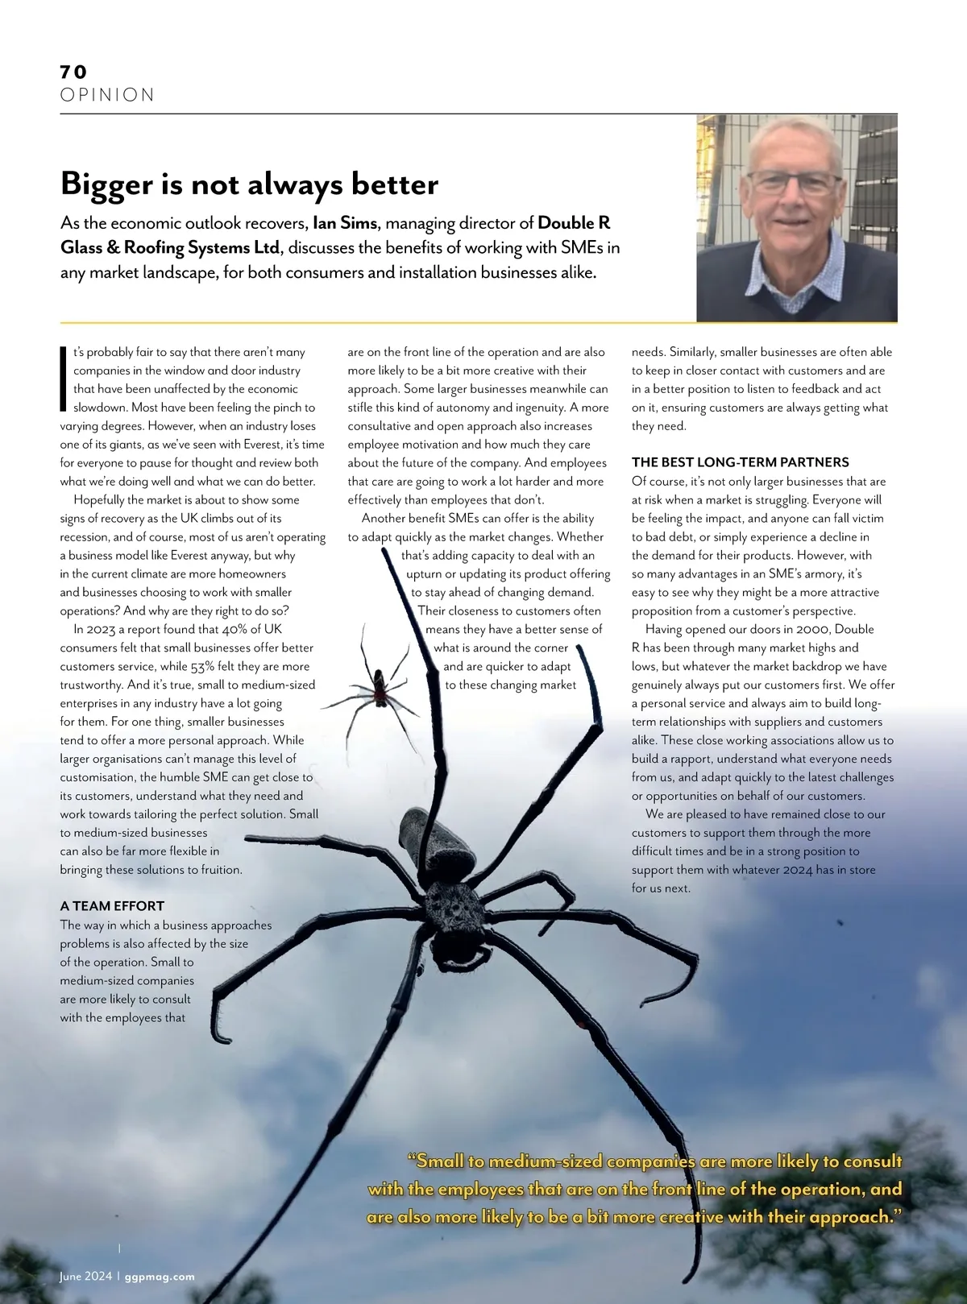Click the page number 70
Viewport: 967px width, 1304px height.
73,72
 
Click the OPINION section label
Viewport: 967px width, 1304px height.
107,95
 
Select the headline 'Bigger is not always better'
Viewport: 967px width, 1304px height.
249,184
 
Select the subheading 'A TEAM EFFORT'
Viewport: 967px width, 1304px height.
112,906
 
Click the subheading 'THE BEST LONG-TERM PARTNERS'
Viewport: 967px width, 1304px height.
740,462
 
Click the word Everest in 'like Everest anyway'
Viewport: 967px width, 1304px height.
226,556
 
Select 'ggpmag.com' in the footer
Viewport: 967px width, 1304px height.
160,1277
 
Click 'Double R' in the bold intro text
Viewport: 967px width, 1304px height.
574,223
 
